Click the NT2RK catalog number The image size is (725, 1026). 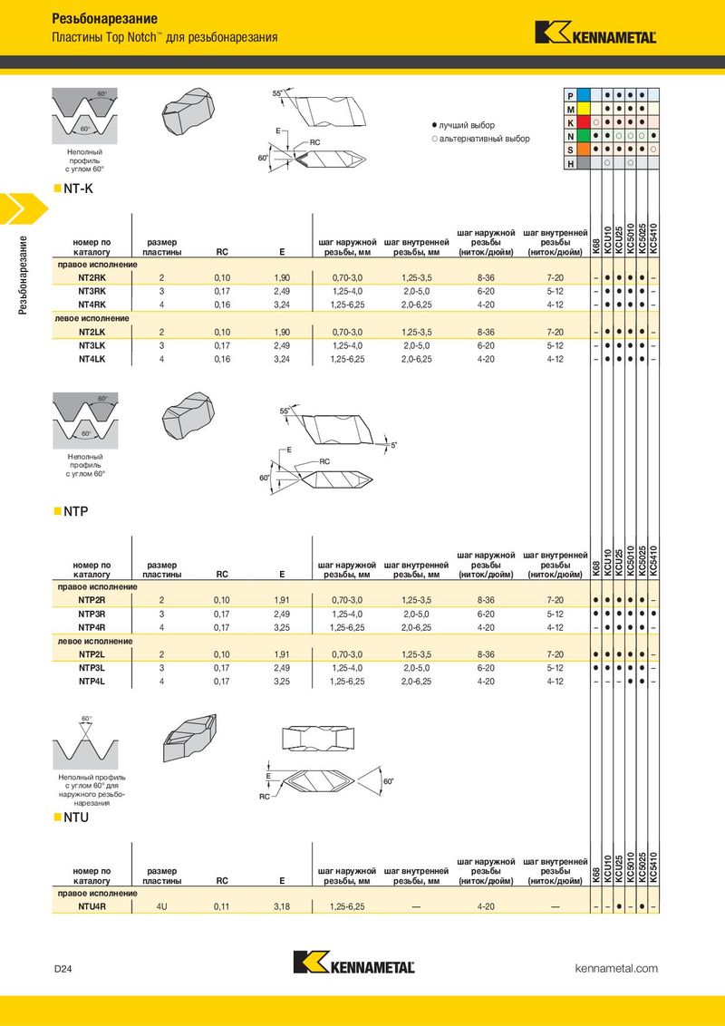coord(92,277)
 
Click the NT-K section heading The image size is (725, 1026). coord(78,189)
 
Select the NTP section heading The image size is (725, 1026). coord(75,512)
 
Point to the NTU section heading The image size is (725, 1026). coord(75,818)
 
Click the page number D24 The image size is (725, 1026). coord(63,969)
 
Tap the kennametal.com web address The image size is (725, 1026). coord(616,969)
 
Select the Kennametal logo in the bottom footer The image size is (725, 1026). coord(354,964)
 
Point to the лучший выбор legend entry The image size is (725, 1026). coord(464,125)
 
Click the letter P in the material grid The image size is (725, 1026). coord(570,95)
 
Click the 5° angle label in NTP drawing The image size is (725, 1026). coord(394,445)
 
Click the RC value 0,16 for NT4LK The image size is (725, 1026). coord(222,359)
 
